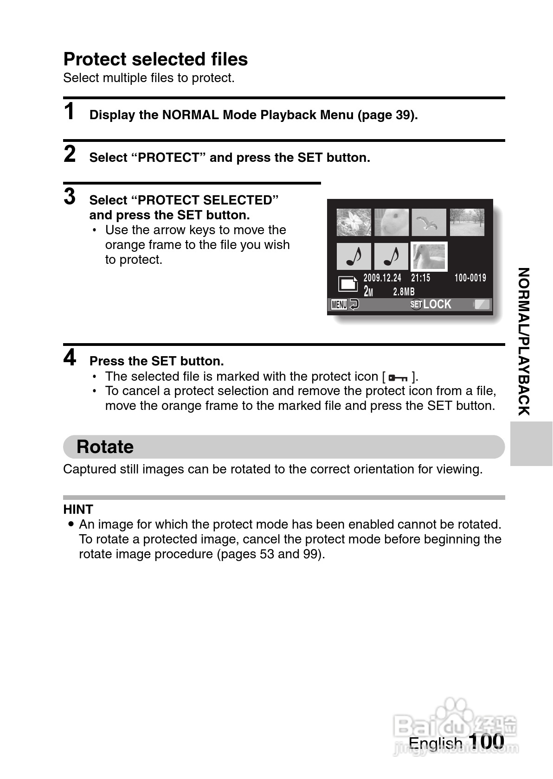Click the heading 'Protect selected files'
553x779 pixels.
(155, 59)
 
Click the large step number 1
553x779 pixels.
(69, 112)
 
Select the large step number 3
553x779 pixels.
(70, 197)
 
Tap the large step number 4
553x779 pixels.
(70, 358)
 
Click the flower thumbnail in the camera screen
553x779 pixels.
(354, 222)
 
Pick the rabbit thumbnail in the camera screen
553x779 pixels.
(392, 222)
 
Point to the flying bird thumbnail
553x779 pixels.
(429, 222)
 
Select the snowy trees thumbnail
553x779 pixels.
(467, 222)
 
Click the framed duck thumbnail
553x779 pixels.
(429, 256)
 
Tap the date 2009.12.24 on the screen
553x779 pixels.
(382, 278)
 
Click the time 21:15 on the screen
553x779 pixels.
(421, 278)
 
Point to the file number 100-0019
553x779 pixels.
(470, 278)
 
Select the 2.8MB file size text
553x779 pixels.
(404, 292)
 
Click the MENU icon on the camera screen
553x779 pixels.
(339, 305)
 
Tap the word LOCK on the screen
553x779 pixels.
(437, 305)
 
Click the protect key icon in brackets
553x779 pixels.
(398, 377)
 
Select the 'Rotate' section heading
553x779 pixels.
(105, 447)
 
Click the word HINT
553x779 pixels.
(78, 510)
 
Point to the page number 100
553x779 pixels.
(486, 741)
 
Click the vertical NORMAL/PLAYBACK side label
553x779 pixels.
(523, 341)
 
